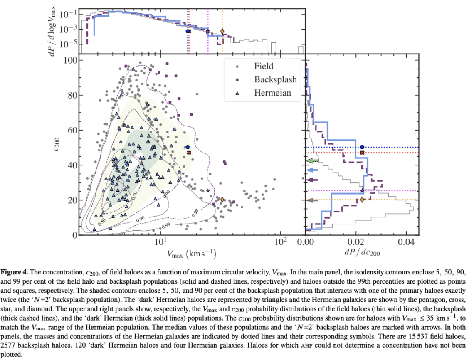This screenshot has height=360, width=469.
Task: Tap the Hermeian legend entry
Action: coord(272,93)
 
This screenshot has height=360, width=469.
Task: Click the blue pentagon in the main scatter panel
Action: coord(188,147)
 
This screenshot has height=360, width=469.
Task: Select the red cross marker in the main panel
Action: coord(189,153)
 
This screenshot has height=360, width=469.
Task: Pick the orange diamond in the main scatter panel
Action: coord(222,200)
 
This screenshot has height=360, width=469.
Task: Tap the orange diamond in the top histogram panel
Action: coord(222,31)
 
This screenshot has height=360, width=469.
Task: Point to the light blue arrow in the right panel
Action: coord(312,170)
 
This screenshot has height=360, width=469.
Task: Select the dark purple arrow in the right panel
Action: coord(312,180)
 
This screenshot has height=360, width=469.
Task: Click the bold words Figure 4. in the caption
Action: coord(15,272)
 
